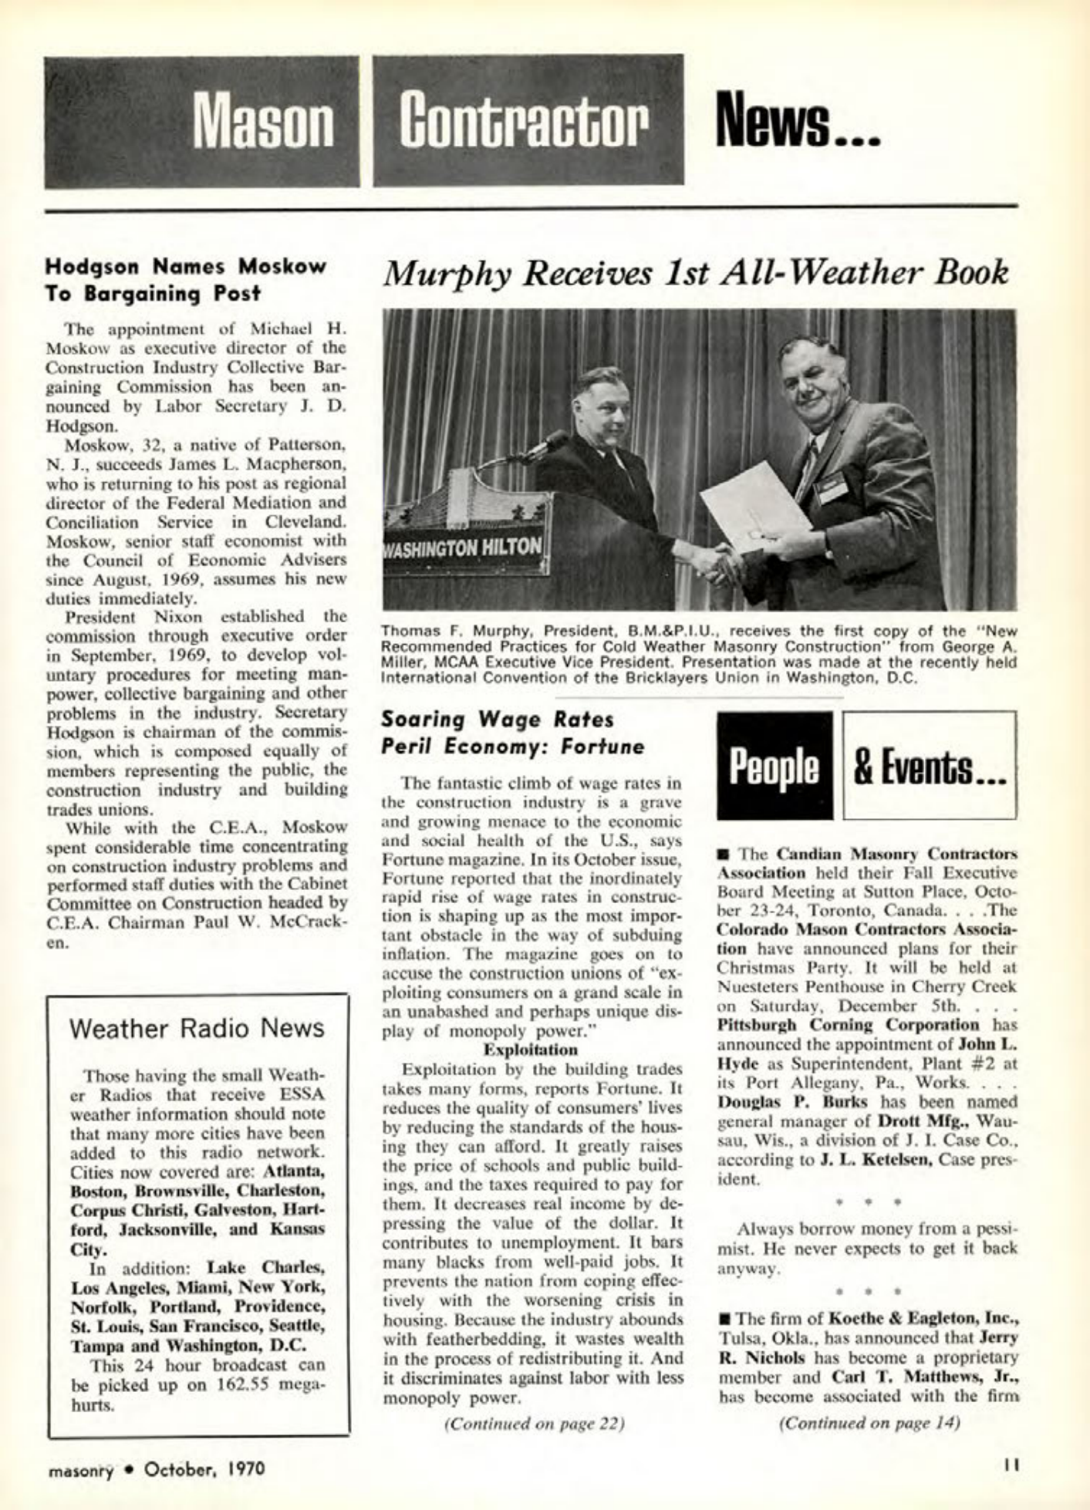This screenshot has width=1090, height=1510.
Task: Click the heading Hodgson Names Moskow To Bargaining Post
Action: (x=186, y=279)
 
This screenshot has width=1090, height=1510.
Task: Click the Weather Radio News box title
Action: (x=197, y=1029)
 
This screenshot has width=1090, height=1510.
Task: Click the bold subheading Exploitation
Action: (x=530, y=1050)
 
